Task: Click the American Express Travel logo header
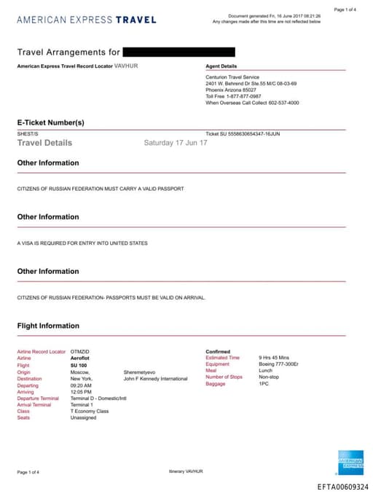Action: pyautogui.click(x=86, y=20)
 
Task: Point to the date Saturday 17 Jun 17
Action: pyautogui.click(x=176, y=143)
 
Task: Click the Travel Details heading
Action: pyautogui.click(x=44, y=143)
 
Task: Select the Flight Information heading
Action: pyautogui.click(x=48, y=326)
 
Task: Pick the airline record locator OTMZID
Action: pyautogui.click(x=80, y=352)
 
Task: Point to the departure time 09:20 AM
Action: pyautogui.click(x=82, y=385)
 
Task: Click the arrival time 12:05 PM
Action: pyautogui.click(x=82, y=392)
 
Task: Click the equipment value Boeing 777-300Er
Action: pyautogui.click(x=283, y=365)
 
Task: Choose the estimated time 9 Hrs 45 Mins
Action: pyautogui.click(x=274, y=358)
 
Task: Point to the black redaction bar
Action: pyautogui.click(x=179, y=52)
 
